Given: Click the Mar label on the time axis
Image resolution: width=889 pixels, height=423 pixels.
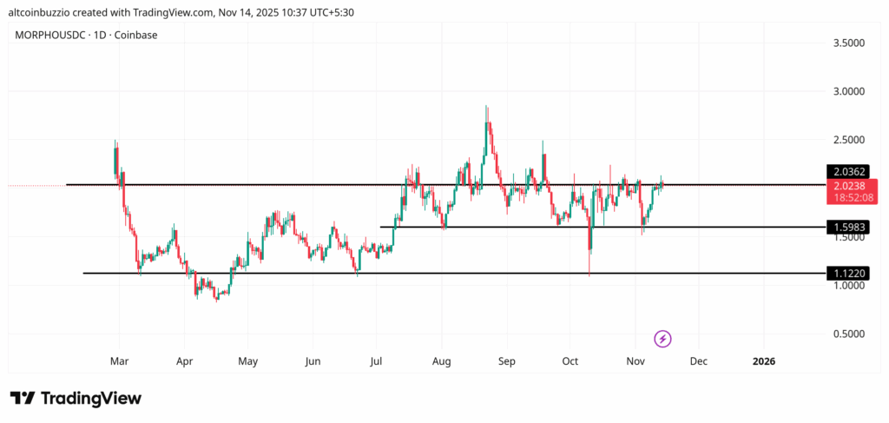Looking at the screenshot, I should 120,360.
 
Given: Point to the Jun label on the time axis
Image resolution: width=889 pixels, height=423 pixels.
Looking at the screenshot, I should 313,360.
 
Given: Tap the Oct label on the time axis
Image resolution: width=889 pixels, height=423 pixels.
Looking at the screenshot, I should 570,360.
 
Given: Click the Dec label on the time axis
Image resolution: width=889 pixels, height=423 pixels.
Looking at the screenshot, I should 699,360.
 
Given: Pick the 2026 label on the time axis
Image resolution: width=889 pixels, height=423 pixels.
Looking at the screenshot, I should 764,360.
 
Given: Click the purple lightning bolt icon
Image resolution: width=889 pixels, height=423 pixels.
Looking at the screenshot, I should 662,338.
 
